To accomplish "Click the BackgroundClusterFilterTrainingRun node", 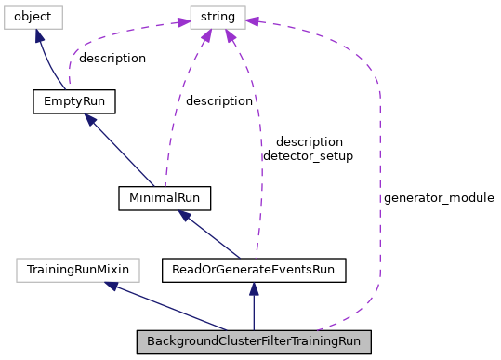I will coord(254,341).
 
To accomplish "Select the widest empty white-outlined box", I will coord(78,270).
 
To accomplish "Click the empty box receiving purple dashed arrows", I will coord(218,17).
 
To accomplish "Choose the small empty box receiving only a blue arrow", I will coord(33,17).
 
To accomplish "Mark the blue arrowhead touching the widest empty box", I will coord(111,286).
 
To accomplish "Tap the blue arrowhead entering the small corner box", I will coord(39,35).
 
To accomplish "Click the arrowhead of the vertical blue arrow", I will coord(254,289).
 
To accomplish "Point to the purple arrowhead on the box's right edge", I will coord(252,20).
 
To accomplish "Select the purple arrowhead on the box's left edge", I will coord(184,21).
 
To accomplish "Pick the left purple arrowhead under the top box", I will coord(205,36).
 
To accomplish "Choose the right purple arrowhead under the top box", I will coord(229,36).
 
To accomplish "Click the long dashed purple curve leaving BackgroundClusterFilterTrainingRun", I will coord(379,186).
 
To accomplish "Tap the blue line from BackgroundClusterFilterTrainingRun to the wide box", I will coord(167,307).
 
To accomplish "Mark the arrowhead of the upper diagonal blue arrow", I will coord(90,120).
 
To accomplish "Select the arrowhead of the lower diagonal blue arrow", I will coord(184,216).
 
